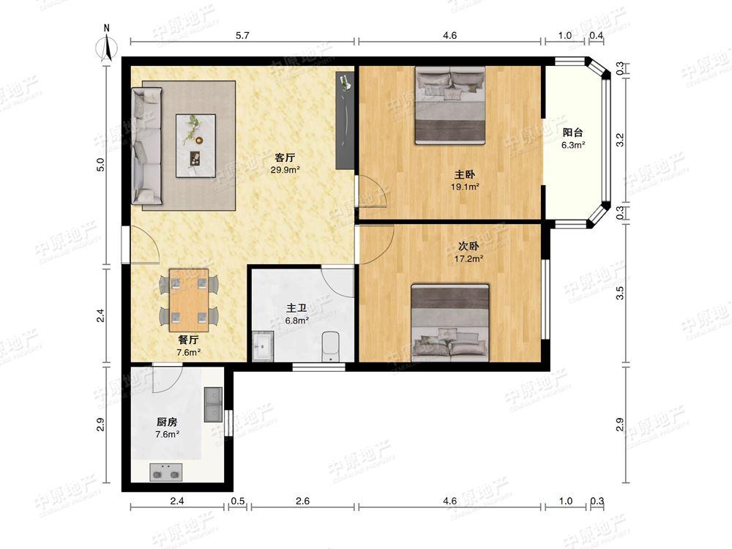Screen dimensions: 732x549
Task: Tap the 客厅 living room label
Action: click(x=285, y=158)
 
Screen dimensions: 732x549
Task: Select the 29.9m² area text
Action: click(x=285, y=170)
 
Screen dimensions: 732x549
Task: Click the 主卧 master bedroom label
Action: click(x=465, y=175)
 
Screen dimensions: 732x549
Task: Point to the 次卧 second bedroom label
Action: click(x=468, y=246)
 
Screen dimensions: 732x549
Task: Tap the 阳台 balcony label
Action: click(x=573, y=132)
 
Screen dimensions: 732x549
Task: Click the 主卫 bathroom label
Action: click(x=296, y=308)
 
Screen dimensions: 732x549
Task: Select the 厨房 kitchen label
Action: click(x=167, y=422)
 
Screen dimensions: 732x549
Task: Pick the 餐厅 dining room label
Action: click(x=189, y=340)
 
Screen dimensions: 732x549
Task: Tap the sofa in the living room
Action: click(x=147, y=146)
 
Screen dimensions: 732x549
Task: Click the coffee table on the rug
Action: click(x=195, y=146)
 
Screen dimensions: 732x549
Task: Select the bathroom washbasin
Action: click(x=263, y=346)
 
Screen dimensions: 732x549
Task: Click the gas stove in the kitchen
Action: click(x=165, y=472)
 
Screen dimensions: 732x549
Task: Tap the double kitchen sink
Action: click(x=213, y=404)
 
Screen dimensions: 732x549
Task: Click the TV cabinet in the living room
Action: click(x=346, y=121)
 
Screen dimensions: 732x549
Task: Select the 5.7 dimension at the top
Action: click(x=242, y=35)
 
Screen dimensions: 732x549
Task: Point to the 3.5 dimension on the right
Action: click(x=620, y=293)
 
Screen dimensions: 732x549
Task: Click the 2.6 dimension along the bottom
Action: click(x=302, y=501)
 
